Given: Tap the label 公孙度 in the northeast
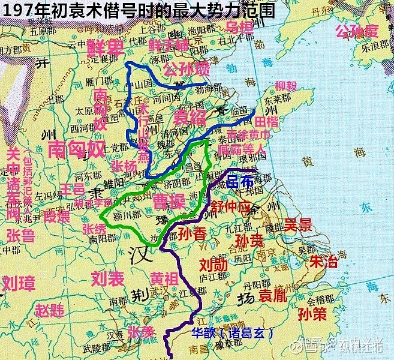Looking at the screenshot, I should pyautogui.click(x=357, y=31).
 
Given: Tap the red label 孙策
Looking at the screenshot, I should pyautogui.click(x=312, y=314).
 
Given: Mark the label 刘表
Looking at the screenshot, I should pyautogui.click(x=107, y=278).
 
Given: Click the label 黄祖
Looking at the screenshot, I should pyautogui.click(x=164, y=280).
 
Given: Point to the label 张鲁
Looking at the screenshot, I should pyautogui.click(x=20, y=235).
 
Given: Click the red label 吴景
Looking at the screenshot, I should pyautogui.click(x=298, y=225).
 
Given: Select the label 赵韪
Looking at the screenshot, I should pyautogui.click(x=49, y=310).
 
